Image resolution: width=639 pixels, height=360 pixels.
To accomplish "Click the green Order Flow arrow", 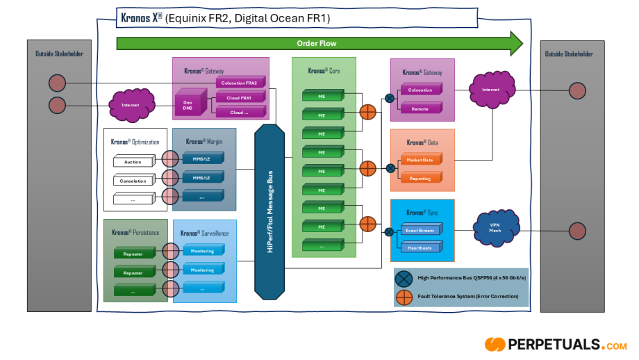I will [x=317, y=43].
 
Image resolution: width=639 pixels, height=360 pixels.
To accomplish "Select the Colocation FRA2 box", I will [x=239, y=83].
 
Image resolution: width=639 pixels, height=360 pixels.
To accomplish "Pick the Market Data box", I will [x=420, y=161].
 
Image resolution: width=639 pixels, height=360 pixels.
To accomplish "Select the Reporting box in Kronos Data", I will [x=420, y=179].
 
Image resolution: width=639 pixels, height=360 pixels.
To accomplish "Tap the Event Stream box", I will [x=420, y=230].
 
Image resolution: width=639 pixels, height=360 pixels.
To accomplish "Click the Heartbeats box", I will [x=420, y=248].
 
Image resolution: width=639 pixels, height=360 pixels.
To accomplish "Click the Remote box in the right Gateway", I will [x=420, y=109].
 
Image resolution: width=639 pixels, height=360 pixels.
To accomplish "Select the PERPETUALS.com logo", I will [x=555, y=344].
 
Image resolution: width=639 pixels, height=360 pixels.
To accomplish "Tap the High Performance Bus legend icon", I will [x=404, y=279].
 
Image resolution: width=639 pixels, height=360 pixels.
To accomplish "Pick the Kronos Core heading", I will [x=324, y=71].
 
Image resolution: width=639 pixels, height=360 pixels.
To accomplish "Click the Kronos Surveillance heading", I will [x=204, y=234].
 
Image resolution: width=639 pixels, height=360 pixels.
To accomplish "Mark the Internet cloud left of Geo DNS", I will [x=131, y=105].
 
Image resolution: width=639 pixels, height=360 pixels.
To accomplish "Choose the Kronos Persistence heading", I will [x=135, y=233].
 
